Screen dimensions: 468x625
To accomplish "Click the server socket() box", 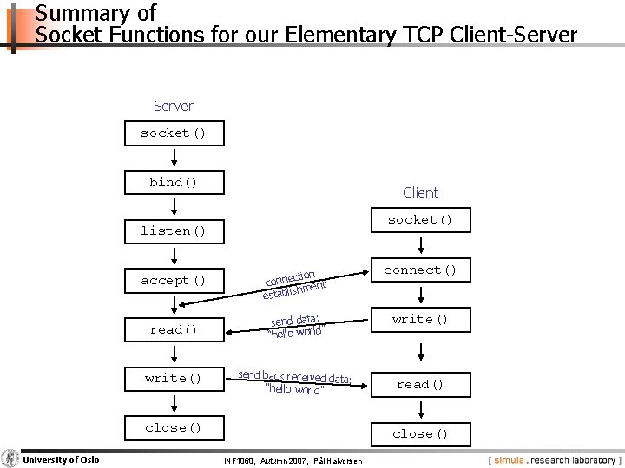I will tap(174, 133).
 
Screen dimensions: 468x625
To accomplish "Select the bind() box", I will tap(174, 182).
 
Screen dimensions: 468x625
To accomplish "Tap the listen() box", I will tap(174, 231).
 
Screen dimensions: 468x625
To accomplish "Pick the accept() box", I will tap(174, 280).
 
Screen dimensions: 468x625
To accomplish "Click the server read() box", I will tap(174, 329).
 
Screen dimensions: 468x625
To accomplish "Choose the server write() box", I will tap(174, 378).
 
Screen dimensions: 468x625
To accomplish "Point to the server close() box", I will tap(174, 427).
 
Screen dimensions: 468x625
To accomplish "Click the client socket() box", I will tap(420, 220).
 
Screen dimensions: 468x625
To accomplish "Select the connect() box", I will tap(420, 270).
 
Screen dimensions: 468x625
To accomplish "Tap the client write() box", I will tap(420, 319).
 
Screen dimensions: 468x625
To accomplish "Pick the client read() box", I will tap(420, 384).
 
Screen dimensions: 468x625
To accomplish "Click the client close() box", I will tap(420, 433).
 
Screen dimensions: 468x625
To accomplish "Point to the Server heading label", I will tap(174, 106).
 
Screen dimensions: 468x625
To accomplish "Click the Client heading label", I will tap(420, 192).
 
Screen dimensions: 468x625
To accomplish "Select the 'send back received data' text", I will tap(295, 381).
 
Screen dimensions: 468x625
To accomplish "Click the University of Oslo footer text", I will tap(61, 458).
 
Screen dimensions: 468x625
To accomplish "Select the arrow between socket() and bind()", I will tap(174, 157).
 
